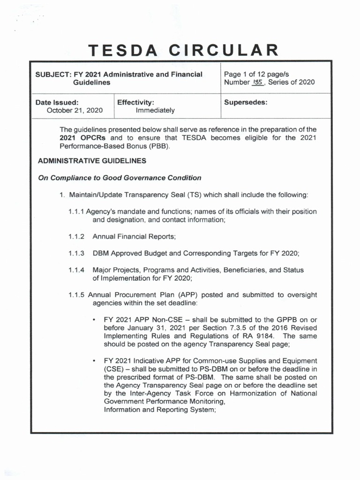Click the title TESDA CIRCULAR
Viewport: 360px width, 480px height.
click(183, 50)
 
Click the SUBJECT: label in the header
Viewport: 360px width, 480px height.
click(52, 74)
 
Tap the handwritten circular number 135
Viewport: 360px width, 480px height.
click(258, 82)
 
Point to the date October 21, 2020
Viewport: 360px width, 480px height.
click(74, 110)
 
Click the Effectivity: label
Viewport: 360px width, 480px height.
click(135, 102)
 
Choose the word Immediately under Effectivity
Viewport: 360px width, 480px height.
click(155, 110)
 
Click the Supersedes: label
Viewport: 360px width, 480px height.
click(246, 102)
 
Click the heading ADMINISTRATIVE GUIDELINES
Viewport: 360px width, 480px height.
click(92, 161)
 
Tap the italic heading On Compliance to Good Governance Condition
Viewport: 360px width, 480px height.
click(120, 178)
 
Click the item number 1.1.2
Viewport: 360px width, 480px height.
click(76, 236)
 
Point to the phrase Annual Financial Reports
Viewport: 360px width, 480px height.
click(134, 236)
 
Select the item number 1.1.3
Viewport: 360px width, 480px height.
click(76, 253)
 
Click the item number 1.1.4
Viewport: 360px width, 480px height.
click(76, 270)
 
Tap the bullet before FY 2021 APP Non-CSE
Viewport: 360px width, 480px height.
click(95, 319)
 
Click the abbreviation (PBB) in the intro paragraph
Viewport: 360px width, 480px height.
click(157, 146)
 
